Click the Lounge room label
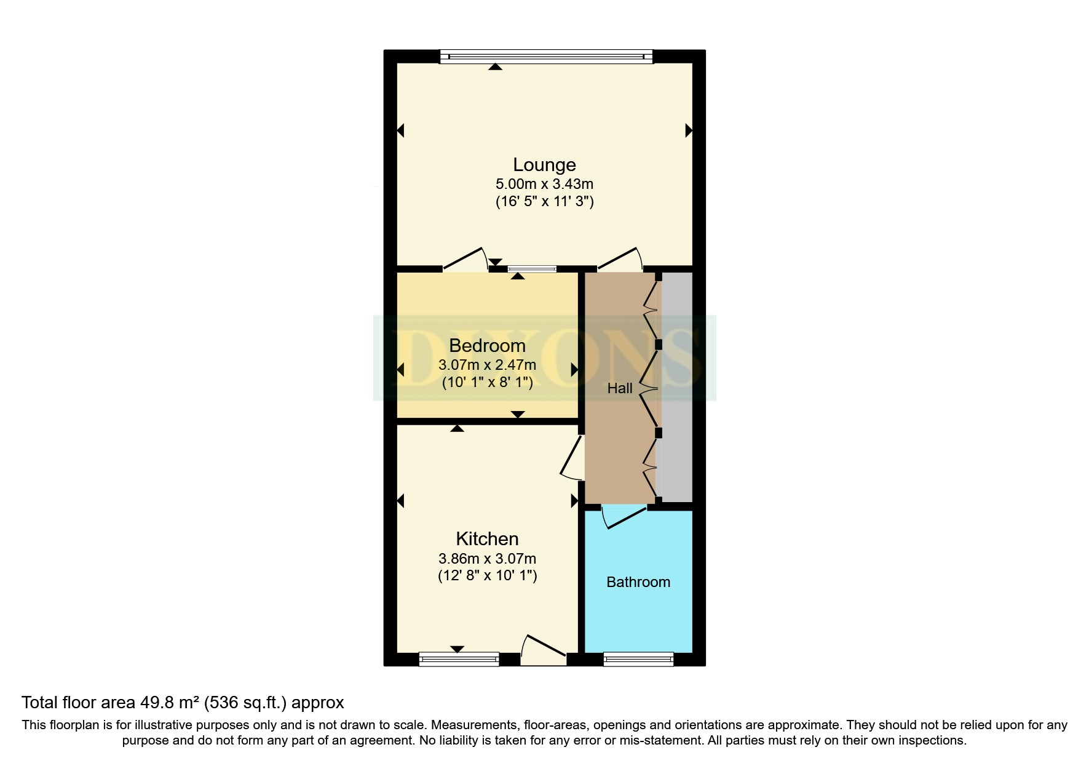pyautogui.click(x=544, y=165)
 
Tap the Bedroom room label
pyautogui.click(x=487, y=345)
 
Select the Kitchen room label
pyautogui.click(x=487, y=539)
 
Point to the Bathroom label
pyautogui.click(x=638, y=582)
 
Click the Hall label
pyautogui.click(x=620, y=388)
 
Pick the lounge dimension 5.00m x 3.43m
pyautogui.click(x=544, y=184)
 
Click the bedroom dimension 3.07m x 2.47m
pyautogui.click(x=487, y=365)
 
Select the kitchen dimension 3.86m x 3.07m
pyautogui.click(x=487, y=559)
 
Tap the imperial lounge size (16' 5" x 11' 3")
pyautogui.click(x=544, y=201)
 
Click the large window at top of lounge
pyautogui.click(x=546, y=57)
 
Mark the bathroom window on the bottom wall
pyautogui.click(x=638, y=660)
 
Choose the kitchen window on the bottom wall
pyautogui.click(x=459, y=660)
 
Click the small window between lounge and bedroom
pyautogui.click(x=532, y=268)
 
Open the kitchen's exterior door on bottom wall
pyautogui.click(x=544, y=652)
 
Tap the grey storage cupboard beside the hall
pyautogui.click(x=676, y=388)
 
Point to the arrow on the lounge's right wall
pyautogui.click(x=689, y=130)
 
